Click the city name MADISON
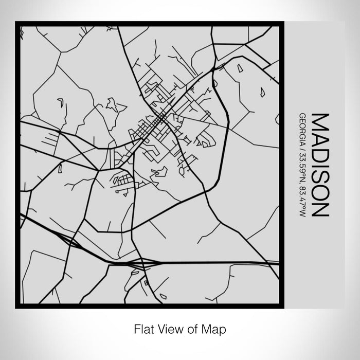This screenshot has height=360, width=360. pos(319,165)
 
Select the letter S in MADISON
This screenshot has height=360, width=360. pos(319,173)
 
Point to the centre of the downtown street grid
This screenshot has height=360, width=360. pos(159,121)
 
